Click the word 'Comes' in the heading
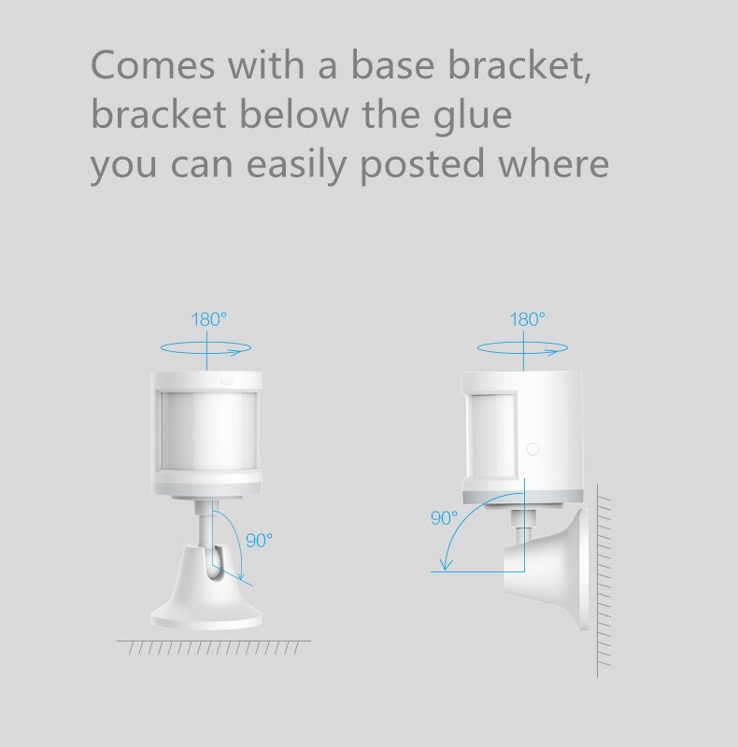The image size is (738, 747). coord(152,64)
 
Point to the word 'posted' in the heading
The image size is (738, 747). coord(422,164)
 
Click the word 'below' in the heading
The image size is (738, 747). coord(294,114)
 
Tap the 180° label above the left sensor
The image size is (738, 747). coord(209,319)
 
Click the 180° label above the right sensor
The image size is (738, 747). coord(527,319)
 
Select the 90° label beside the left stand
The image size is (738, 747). coord(260,541)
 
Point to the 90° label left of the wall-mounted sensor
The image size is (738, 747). coord(444,518)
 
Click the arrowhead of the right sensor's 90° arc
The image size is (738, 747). coord(446,564)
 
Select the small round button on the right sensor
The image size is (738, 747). coord(533,449)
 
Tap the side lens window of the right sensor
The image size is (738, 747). coord(491,435)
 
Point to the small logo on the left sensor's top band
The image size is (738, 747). coord(226,381)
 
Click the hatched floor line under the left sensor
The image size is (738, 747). coord(214,647)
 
